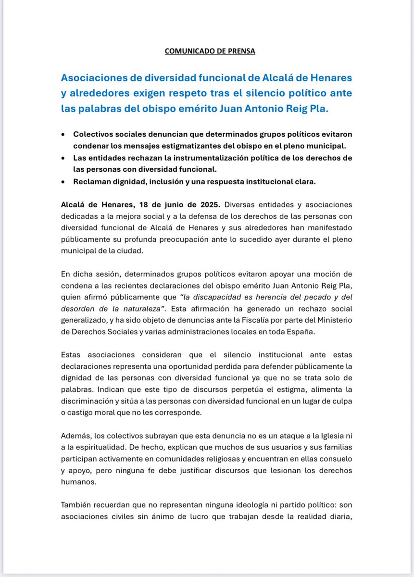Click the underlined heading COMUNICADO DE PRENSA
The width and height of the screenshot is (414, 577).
click(x=210, y=51)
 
